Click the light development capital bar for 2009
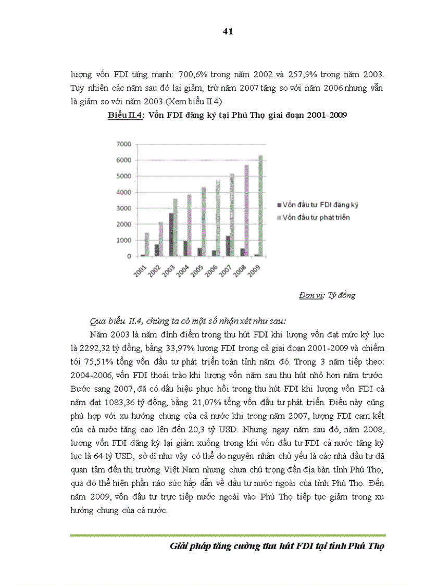(x=260, y=206)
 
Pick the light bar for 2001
(x=146, y=244)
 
